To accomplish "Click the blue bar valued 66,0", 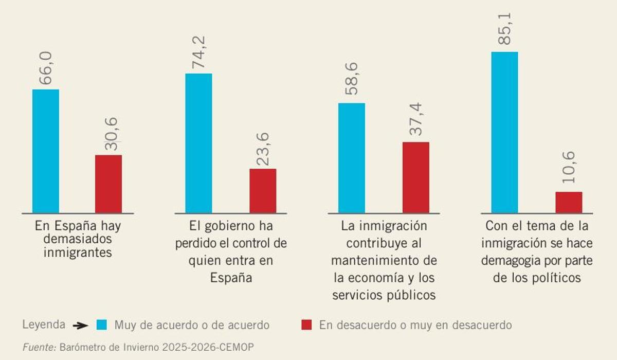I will [46, 151].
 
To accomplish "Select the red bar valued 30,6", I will [108, 184].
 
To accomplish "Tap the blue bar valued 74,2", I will [198, 143].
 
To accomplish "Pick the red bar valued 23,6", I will [263, 191].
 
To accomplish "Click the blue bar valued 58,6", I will [352, 158].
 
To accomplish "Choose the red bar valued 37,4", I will [415, 177].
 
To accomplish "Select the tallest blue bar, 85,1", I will [504, 132].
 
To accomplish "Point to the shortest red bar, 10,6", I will [569, 202].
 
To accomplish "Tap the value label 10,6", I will [569, 169].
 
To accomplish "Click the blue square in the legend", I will [102, 325].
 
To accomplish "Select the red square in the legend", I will [306, 325].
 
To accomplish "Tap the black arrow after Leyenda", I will [80, 326].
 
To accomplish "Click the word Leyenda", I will [44, 325].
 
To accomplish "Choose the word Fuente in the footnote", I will [39, 348].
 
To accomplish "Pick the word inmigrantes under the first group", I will [78, 253].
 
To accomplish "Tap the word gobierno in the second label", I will [225, 226].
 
